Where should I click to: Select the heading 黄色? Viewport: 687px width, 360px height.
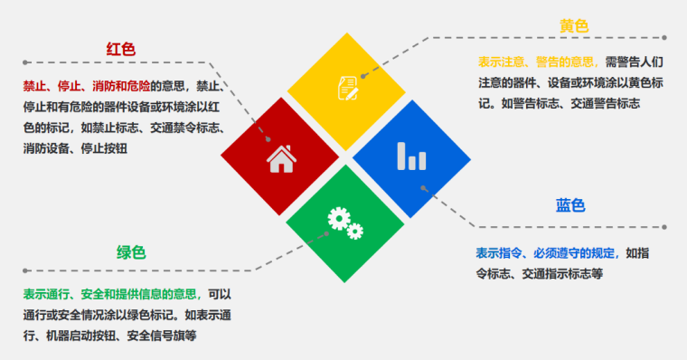574,25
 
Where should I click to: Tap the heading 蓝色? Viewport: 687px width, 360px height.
570,205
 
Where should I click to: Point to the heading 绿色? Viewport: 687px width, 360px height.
131,252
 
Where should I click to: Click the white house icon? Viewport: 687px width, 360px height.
281,159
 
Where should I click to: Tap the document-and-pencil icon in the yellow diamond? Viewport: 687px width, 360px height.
347,86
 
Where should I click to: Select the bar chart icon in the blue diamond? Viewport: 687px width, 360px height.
411,156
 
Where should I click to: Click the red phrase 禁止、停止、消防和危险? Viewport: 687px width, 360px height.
87,88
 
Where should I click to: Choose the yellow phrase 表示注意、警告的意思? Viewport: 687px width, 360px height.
539,62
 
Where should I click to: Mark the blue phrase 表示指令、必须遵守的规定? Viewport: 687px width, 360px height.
548,252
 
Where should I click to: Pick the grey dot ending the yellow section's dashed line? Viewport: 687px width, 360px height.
664,38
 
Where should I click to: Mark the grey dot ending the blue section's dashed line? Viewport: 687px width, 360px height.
664,227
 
